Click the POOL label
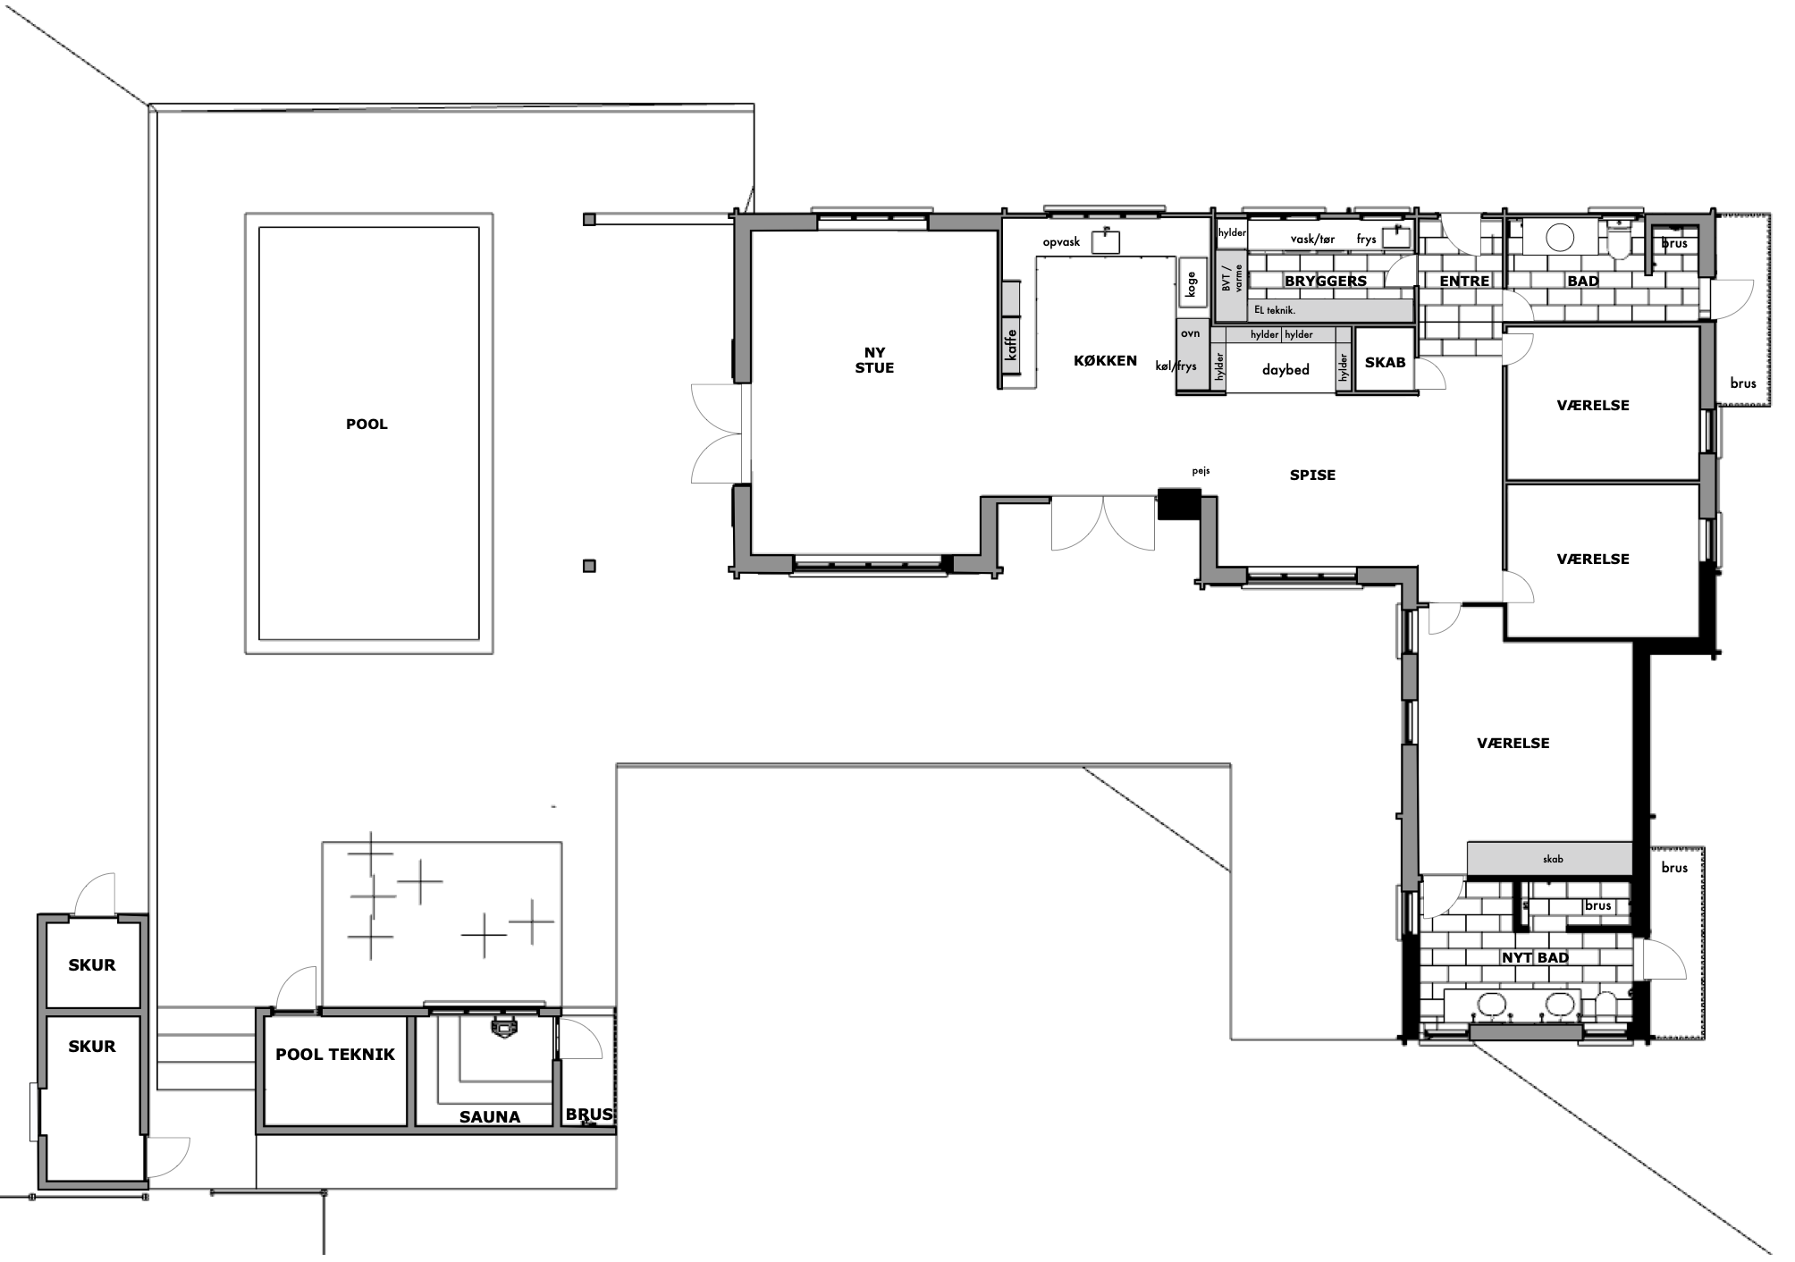[x=367, y=425]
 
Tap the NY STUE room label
[x=874, y=360]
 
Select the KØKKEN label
[x=1106, y=361]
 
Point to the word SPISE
[x=1312, y=475]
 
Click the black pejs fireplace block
[x=1179, y=504]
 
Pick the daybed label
[x=1285, y=370]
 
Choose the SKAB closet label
[x=1385, y=363]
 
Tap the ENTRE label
[x=1464, y=282]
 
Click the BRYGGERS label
[x=1326, y=282]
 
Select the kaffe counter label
[x=1011, y=345]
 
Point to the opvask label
[x=1061, y=242]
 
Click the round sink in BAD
[x=1560, y=238]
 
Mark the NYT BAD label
[x=1535, y=958]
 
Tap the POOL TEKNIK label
[x=335, y=1055]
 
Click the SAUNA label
[x=490, y=1117]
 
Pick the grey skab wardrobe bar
[x=1550, y=859]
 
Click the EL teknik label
[x=1275, y=310]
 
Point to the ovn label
[x=1190, y=333]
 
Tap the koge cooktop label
[x=1191, y=284]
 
